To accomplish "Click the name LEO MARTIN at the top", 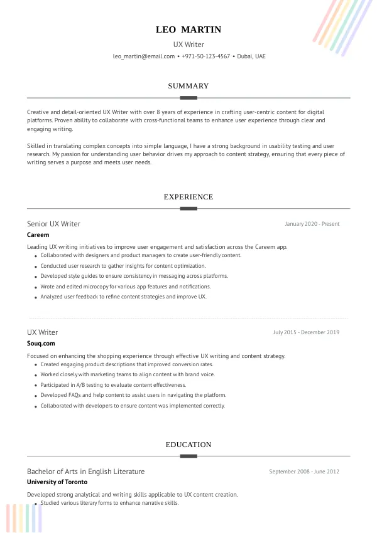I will (188, 29).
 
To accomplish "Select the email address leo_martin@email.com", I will (144, 56).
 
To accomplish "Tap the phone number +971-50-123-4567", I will (207, 56).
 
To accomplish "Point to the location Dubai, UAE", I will (251, 56).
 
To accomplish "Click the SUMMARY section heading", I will (188, 86).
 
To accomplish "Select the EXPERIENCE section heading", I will (188, 197).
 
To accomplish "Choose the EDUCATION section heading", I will (188, 445).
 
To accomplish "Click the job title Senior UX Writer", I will (54, 224).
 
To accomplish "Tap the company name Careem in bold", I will (38, 235).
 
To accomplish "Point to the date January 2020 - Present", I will (312, 224).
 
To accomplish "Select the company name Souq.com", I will (41, 344).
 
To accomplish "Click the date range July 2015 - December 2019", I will (306, 332).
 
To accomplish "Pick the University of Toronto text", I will (57, 482).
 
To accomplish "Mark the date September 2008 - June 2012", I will (304, 472).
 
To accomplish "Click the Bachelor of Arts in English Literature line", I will (86, 472).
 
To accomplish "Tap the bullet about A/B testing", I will (113, 385).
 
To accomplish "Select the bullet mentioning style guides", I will (134, 276).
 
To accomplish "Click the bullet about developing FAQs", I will (133, 395).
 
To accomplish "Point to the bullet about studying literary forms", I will (109, 503).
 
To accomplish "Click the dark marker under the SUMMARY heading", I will (188, 98).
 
